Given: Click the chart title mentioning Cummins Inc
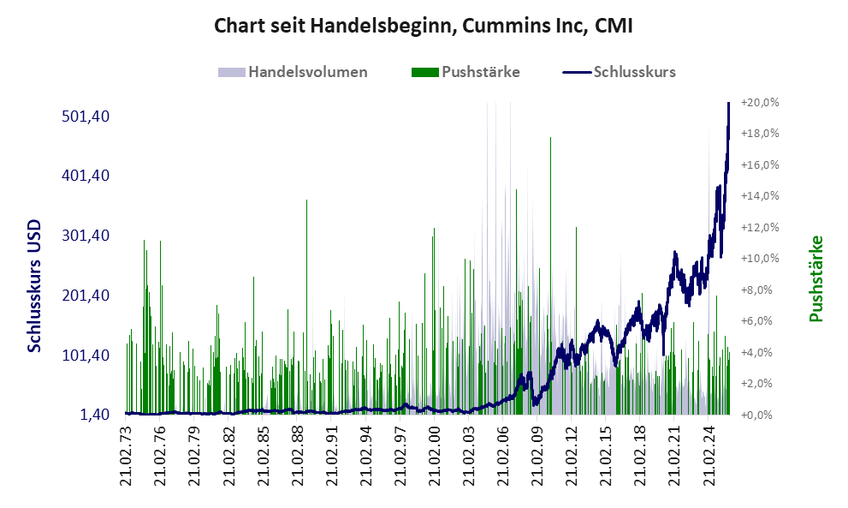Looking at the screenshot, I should tap(424, 26).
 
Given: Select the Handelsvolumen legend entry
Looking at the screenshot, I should tap(307, 72).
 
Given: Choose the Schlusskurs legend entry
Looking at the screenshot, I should tap(634, 72).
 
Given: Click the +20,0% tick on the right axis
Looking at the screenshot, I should tap(760, 103).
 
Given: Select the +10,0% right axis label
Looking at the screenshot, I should tap(760, 259).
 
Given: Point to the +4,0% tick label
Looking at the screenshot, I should tap(760, 352).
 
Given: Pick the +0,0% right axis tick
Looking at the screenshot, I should tap(760, 415).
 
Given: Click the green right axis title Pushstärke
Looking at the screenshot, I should tap(815, 278).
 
